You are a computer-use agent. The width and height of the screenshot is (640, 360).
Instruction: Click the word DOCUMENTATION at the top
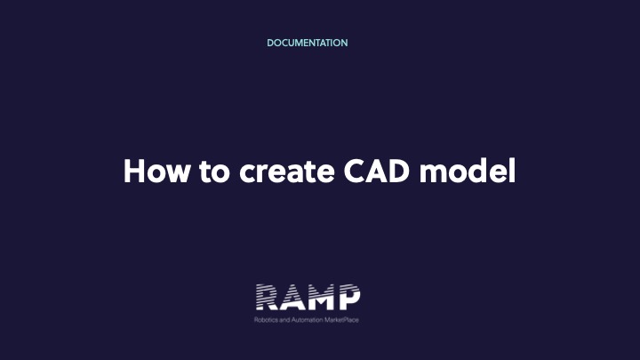point(308,43)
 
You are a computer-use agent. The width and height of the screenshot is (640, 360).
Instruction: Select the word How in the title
point(156,171)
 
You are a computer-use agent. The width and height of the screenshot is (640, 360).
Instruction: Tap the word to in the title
point(215,172)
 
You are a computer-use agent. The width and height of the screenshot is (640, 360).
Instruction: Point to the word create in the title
point(287,172)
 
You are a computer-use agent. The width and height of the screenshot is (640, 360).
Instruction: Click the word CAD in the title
point(376,171)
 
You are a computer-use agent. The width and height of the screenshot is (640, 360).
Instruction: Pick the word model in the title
point(468,171)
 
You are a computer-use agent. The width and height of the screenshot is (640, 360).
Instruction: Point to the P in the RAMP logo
point(348,297)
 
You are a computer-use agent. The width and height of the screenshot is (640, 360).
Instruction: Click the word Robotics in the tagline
point(266,320)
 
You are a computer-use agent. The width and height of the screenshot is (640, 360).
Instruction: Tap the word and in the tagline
point(284,320)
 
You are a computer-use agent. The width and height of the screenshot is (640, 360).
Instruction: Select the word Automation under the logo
point(307,320)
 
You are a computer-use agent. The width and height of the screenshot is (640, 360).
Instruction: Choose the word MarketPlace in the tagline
point(341,320)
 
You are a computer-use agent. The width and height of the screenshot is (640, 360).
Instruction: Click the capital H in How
point(134,171)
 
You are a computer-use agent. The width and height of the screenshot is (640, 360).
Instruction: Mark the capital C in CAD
point(354,171)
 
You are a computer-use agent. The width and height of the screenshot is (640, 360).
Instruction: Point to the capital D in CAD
point(398,171)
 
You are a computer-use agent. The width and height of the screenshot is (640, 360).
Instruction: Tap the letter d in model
point(480,171)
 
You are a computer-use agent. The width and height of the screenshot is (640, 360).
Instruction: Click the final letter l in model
point(513,171)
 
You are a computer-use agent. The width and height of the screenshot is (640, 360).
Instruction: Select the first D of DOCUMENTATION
point(270,43)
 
